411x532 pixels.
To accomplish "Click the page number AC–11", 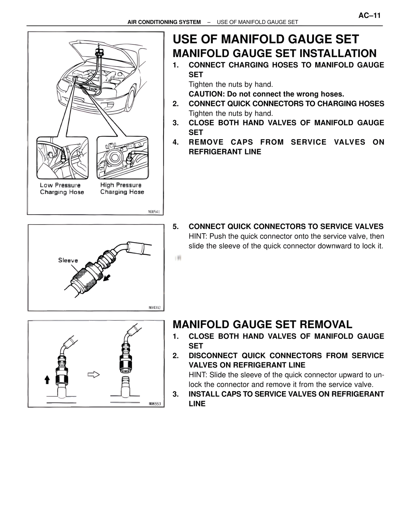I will coord(369,15).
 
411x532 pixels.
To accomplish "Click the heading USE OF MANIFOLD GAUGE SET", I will coord(266,39).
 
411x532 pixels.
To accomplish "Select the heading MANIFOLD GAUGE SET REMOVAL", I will coord(262,324).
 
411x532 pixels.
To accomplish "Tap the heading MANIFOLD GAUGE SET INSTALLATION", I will coord(275,53).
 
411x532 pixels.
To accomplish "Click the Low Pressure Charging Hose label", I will coord(62,189).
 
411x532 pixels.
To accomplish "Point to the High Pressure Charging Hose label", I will coord(122,189).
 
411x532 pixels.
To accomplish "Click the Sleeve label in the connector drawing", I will coord(68,260).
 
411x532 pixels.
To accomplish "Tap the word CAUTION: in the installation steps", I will coord(206,94).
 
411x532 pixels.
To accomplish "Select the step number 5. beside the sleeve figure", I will coord(176,226).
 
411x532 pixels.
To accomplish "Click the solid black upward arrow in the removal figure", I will coord(47,380).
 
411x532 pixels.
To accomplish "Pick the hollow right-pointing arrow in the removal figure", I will coord(93,375).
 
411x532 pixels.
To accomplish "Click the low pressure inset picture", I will coord(62,158).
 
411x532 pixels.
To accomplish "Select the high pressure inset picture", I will coord(122,158).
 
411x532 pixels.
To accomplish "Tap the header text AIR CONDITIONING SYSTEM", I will coord(164,22).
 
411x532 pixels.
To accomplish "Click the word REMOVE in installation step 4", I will coord(206,142).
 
